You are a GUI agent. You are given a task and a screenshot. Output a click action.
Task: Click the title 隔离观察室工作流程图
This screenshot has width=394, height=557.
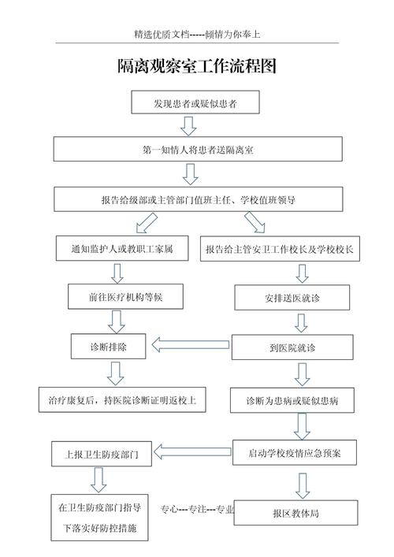197,67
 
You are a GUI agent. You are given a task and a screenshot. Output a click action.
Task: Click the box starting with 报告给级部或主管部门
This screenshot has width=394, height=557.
197,200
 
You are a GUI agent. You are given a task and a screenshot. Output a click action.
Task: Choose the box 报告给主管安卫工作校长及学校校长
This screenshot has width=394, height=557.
281,249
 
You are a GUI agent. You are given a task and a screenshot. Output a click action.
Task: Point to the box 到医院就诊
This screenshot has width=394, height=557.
292,347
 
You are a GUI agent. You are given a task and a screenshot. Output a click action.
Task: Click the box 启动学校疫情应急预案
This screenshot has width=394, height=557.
295,452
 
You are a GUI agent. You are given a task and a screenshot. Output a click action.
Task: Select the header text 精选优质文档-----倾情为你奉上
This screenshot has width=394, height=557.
197,35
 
